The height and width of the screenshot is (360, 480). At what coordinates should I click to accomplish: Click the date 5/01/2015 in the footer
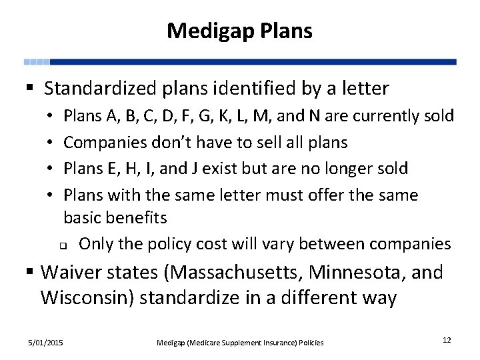pyautogui.click(x=46, y=342)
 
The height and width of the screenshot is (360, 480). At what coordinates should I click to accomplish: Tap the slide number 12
pyautogui.click(x=447, y=340)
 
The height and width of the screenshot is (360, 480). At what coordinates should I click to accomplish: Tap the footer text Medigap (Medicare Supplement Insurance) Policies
pyautogui.click(x=240, y=343)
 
